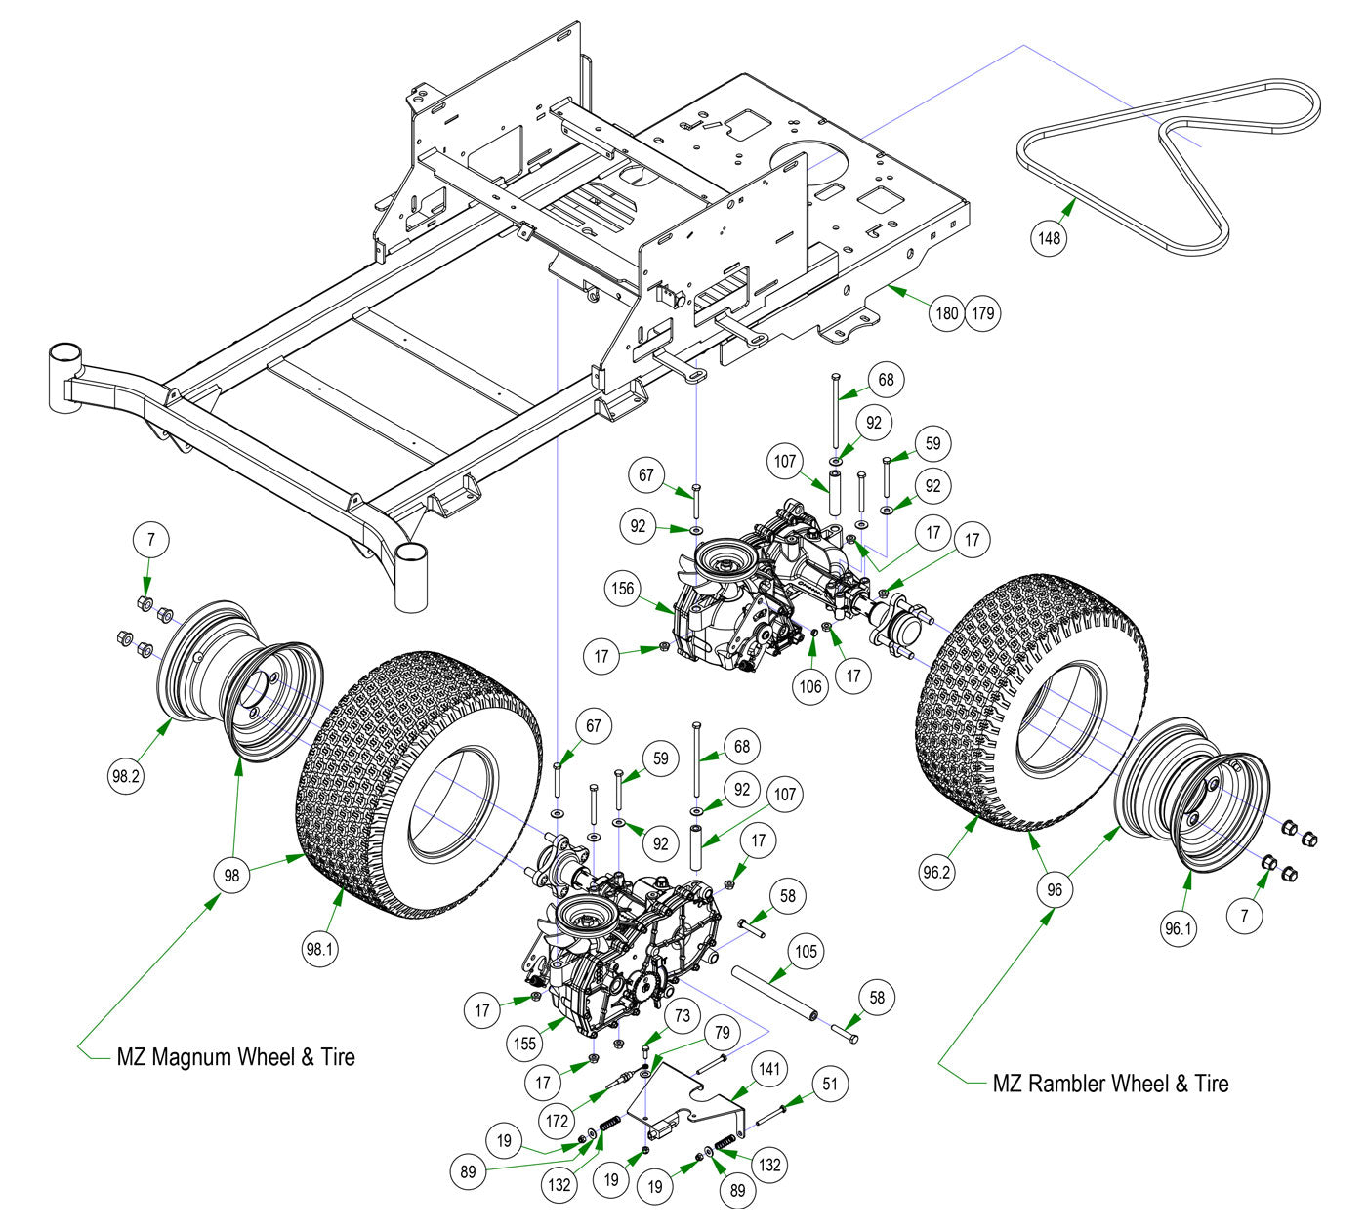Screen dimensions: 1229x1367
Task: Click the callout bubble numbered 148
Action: coord(1051,237)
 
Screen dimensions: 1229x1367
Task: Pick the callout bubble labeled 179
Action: coord(982,313)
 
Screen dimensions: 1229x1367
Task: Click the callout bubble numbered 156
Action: coord(624,589)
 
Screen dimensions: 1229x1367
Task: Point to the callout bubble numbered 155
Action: coord(524,1044)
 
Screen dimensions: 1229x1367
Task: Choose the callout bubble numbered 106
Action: coord(810,686)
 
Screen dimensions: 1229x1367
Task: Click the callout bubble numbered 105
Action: coord(806,951)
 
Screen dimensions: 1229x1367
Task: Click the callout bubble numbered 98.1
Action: coord(321,947)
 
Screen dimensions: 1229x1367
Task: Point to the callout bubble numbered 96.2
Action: coord(935,872)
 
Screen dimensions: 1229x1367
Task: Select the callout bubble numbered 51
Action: coord(830,1083)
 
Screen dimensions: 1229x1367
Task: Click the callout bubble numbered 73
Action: coord(683,1016)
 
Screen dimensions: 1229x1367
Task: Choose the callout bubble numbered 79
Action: coord(722,1032)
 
